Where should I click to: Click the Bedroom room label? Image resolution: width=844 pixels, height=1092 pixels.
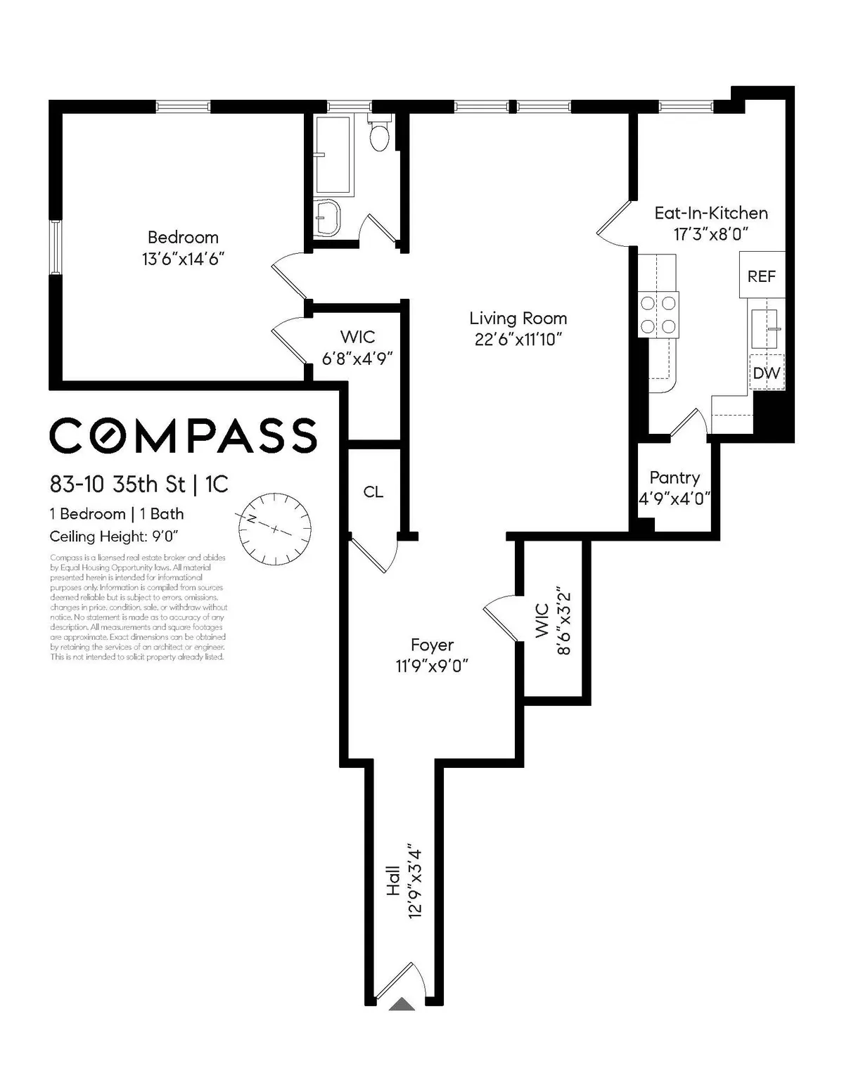(183, 238)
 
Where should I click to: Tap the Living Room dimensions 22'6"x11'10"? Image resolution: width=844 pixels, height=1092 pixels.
(518, 340)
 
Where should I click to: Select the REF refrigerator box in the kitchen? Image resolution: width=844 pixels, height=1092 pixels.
(761, 276)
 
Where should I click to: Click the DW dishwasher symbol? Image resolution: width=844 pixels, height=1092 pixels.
(766, 373)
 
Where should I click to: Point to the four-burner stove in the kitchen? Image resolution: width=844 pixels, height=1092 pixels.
(658, 314)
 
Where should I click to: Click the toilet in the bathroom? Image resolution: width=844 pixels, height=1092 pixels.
(379, 136)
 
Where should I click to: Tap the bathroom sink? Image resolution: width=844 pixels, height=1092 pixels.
(327, 217)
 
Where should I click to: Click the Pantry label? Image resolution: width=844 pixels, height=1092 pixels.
(674, 478)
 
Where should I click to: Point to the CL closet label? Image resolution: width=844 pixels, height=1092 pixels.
(373, 492)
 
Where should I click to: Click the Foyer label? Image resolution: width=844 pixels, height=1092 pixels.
(432, 645)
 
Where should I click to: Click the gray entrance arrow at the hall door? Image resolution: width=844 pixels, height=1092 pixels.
(402, 1003)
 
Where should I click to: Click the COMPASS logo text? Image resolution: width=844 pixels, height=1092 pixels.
(183, 435)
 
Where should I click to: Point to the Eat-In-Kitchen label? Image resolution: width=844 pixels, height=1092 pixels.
(710, 213)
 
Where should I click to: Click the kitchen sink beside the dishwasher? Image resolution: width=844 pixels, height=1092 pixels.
(764, 328)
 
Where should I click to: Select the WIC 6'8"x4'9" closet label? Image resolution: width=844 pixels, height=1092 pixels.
(357, 337)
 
